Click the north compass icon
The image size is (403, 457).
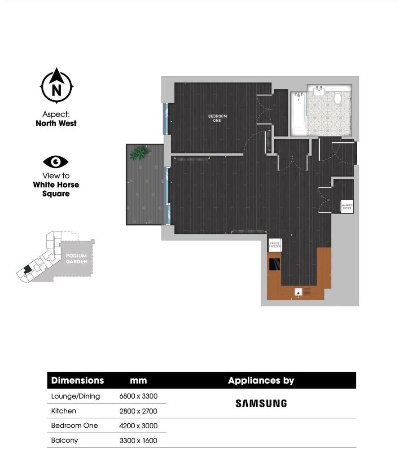click(56, 86)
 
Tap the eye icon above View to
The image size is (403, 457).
click(56, 162)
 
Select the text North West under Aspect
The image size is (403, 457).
click(56, 123)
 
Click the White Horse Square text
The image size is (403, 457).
click(56, 189)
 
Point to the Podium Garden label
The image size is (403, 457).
click(76, 259)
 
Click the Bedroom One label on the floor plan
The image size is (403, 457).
click(217, 118)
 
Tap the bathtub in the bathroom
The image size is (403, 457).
click(298, 114)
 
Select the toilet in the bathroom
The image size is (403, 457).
click(338, 98)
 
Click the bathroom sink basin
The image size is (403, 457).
click(320, 91)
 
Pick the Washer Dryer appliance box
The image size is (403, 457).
click(347, 207)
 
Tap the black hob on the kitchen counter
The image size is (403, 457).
click(274, 264)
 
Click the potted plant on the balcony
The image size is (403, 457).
click(139, 154)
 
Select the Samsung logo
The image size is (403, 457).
click(261, 404)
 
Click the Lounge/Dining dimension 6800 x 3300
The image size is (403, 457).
click(138, 396)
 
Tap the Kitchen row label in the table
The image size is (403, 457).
click(64, 411)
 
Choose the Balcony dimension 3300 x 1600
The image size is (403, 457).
click(138, 441)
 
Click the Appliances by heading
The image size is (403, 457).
click(261, 381)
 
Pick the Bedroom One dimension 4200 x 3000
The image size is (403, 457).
click(138, 426)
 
